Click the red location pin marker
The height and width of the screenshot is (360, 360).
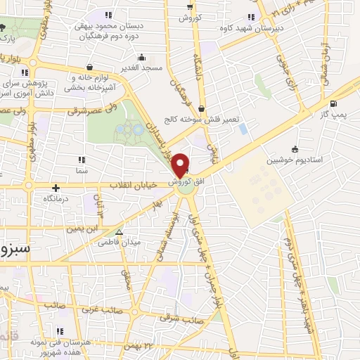pyautogui.click(x=181, y=165)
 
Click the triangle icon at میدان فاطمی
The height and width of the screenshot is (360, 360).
pyautogui.click(x=119, y=231)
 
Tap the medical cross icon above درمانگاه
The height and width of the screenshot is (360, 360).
pyautogui.click(x=55, y=186)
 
